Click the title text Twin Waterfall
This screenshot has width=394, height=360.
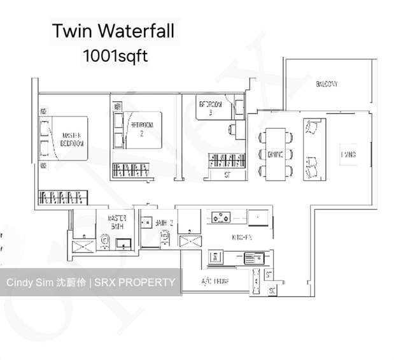click(113, 31)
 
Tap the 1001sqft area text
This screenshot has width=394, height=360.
click(115, 56)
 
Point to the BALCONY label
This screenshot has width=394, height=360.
click(327, 84)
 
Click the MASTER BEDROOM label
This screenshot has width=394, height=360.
click(73, 140)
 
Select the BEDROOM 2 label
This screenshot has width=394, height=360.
click(142, 129)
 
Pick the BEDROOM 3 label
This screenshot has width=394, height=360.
click(211, 108)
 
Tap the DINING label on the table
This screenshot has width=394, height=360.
click(276, 154)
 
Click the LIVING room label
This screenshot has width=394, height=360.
click(348, 155)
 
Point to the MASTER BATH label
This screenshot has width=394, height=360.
click(116, 221)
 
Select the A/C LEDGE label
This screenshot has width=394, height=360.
click(215, 281)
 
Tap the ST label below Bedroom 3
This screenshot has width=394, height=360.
click(227, 175)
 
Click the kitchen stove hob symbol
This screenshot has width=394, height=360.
click(222, 218)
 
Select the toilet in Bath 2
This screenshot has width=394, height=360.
click(164, 238)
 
